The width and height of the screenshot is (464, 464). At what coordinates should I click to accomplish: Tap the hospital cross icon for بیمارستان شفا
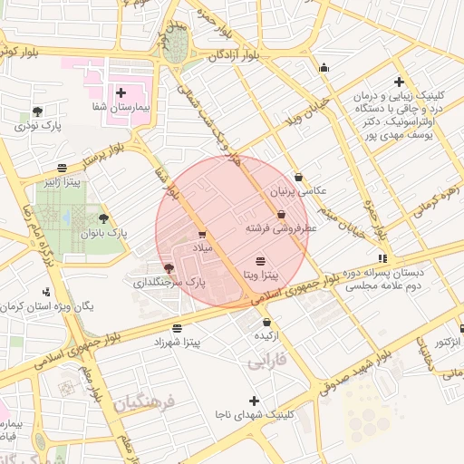tap(121, 92)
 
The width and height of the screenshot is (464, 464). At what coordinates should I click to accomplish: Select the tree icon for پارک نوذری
tap(37, 111)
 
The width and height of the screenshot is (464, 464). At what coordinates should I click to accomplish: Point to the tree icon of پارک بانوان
tap(103, 218)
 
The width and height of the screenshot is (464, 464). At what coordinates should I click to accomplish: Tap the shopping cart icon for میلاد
tap(201, 234)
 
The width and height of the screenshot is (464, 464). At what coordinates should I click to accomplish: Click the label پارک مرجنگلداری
tap(171, 283)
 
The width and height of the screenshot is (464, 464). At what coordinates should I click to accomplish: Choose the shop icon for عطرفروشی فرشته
tap(281, 215)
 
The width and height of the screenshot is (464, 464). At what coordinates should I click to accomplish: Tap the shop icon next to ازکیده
tap(266, 322)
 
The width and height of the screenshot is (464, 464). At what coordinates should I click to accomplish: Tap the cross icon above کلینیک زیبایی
tap(398, 82)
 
